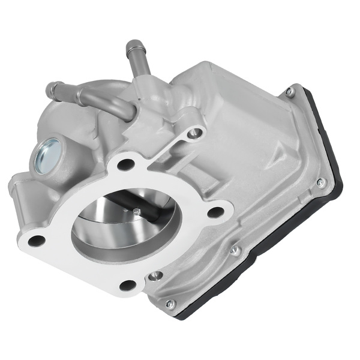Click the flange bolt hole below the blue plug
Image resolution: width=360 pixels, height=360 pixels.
point(36,241)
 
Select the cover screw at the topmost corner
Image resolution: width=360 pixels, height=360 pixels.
point(289,91)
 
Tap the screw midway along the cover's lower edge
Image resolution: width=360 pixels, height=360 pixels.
point(236,249)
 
